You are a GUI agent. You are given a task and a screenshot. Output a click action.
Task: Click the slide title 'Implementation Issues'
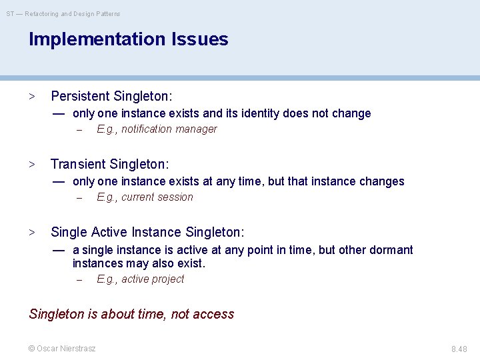coord(128,39)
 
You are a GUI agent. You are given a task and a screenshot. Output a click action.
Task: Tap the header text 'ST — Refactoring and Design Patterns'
coord(63,13)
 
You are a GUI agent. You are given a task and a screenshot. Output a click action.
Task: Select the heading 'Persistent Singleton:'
coord(111,96)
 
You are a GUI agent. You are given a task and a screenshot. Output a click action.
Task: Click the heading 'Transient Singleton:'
coord(110,164)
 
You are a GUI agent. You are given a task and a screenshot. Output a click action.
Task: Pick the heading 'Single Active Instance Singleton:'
coord(147,232)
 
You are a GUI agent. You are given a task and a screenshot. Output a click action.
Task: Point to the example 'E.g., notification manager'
coord(157,129)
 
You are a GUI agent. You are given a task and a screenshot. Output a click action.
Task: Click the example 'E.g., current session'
coord(145,197)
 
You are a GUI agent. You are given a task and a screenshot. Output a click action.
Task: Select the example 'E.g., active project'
coord(140,279)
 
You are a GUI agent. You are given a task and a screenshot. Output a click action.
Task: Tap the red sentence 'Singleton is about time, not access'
coord(131,314)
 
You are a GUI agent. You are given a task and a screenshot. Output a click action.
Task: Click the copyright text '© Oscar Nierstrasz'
coord(62,348)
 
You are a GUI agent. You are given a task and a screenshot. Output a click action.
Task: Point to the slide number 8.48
coord(459,349)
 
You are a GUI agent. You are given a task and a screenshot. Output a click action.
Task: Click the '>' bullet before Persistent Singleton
coord(31,97)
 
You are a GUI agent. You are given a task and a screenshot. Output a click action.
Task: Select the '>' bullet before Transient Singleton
coord(31,165)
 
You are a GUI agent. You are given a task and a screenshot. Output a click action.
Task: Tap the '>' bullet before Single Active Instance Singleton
coord(31,233)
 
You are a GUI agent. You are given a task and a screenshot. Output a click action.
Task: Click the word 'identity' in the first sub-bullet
coord(257,113)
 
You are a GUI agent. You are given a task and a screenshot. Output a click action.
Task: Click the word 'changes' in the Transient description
coord(383,181)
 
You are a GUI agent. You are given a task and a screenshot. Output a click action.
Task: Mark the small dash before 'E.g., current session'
coord(78,198)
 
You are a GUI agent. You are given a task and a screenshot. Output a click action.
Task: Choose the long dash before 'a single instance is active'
coord(59,250)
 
